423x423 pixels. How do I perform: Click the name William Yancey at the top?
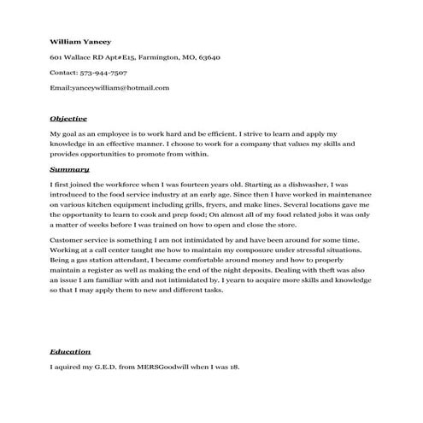click(81, 41)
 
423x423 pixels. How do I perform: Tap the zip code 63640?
click(210, 57)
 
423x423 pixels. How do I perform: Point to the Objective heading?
click(68, 118)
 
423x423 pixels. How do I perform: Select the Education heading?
click(70, 352)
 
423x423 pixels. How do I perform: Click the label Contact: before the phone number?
click(65, 73)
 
